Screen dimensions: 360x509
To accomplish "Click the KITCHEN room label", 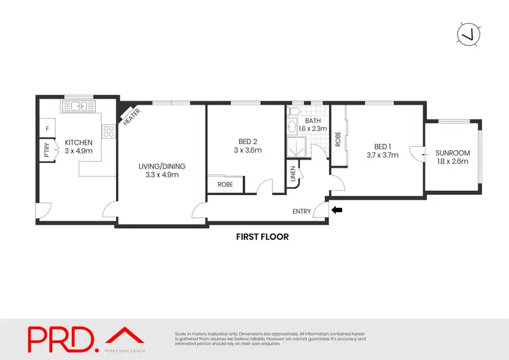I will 78,142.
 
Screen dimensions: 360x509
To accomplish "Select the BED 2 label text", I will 248,141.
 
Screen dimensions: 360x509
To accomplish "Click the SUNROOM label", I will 452,153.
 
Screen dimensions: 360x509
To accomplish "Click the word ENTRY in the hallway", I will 302,211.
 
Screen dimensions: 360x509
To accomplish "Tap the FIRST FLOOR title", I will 262,237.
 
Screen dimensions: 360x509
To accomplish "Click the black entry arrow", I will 337,211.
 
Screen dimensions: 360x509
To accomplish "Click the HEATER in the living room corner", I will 130,116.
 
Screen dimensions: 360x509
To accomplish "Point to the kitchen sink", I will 79,106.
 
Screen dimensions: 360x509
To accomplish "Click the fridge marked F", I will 48,128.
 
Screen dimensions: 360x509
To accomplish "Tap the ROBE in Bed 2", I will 224,184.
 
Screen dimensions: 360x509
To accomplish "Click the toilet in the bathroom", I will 295,110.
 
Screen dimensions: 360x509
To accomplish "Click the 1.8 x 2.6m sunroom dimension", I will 452,162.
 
